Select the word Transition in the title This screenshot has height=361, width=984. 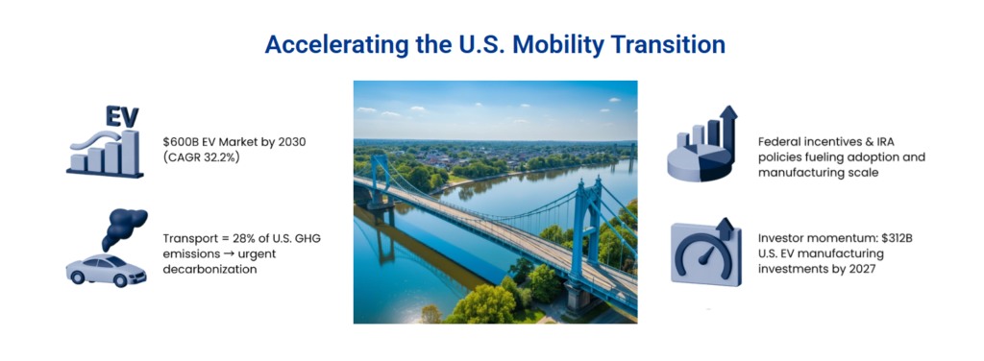667,44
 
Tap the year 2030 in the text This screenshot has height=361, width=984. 291,142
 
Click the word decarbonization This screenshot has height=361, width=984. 209,270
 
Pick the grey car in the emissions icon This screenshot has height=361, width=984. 106,270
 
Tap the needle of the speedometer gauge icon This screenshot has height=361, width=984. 705,255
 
